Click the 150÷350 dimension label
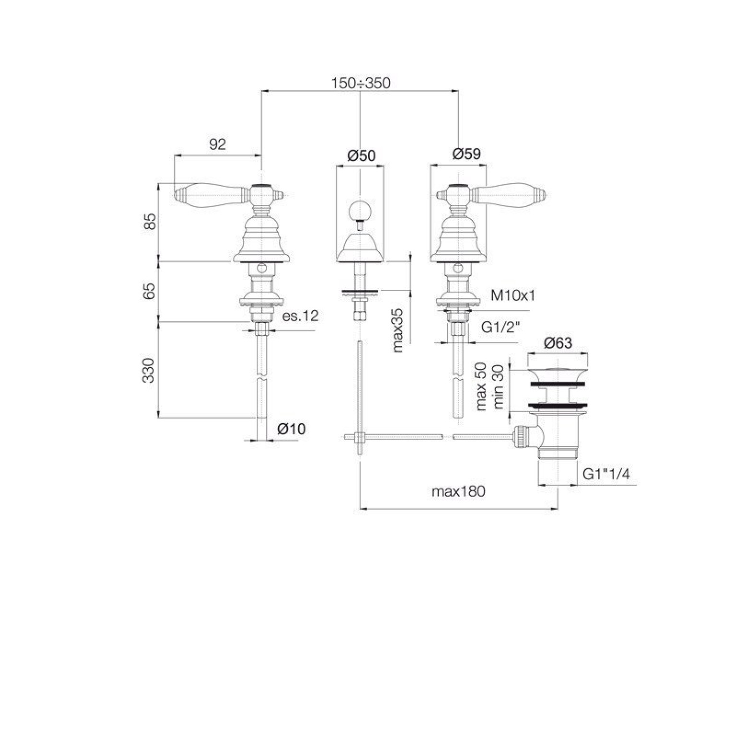point(361,83)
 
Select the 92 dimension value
point(217,144)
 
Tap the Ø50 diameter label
point(361,155)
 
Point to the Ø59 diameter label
point(466,154)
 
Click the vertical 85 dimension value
point(150,221)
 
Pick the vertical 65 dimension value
point(150,291)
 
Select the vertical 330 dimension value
point(150,370)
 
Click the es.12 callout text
point(300,316)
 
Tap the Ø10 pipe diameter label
point(291,429)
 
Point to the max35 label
point(398,330)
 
